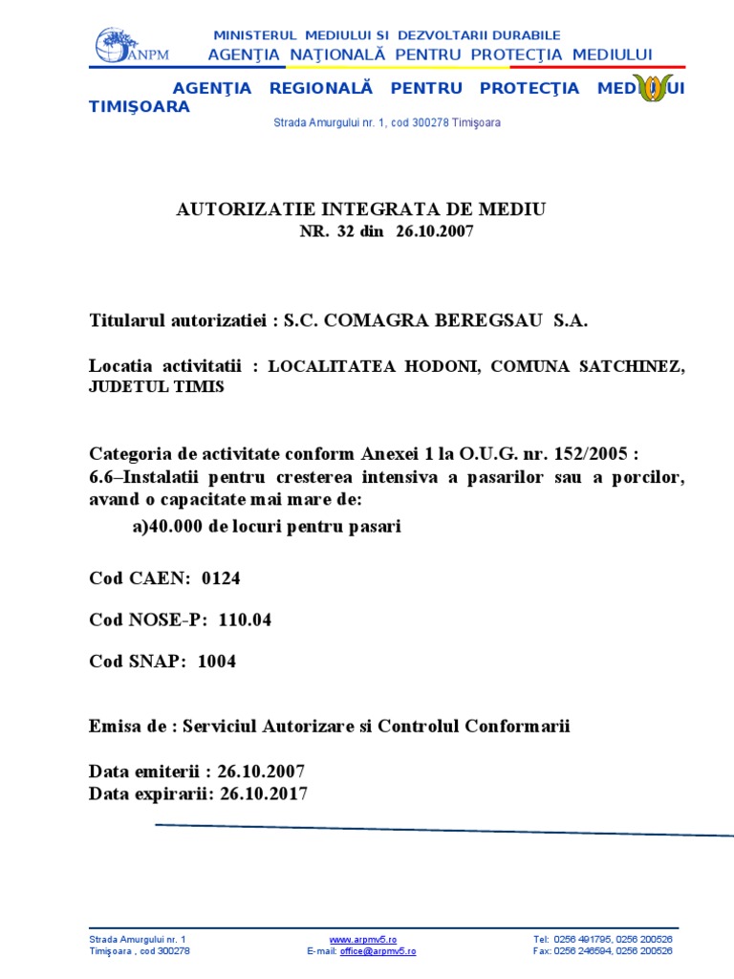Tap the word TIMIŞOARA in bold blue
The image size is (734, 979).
[140, 107]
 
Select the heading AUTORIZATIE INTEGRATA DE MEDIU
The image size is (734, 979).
[361, 209]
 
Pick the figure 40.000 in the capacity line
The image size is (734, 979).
[175, 527]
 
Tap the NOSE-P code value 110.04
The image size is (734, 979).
[245, 620]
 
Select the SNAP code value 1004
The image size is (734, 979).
[216, 661]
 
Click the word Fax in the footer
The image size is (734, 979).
[541, 951]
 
